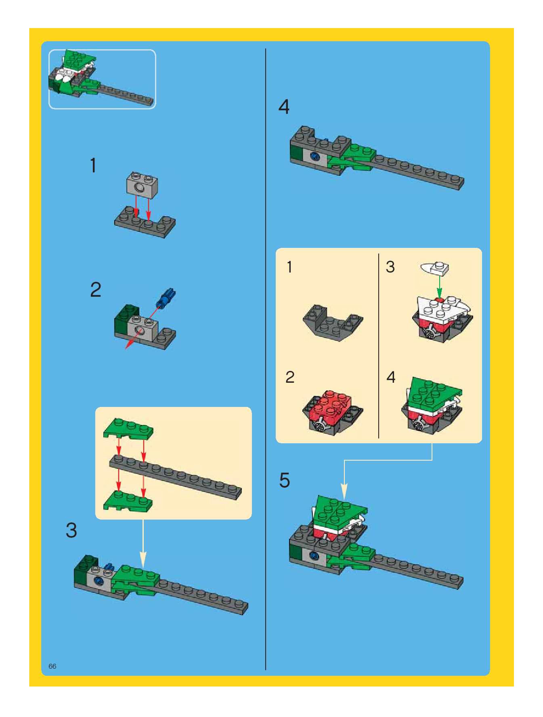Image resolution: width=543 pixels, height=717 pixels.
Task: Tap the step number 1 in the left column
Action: click(93, 166)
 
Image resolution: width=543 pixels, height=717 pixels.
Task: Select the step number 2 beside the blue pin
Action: click(96, 290)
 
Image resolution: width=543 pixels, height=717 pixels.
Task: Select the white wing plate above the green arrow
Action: click(435, 268)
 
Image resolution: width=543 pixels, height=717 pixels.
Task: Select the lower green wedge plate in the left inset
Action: click(128, 501)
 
